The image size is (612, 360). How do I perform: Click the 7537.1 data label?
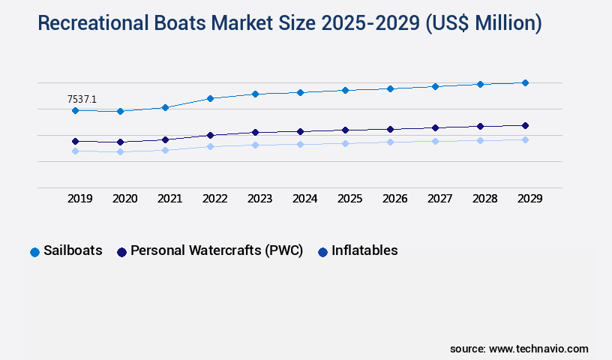coord(82,99)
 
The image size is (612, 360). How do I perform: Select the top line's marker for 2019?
coord(75,110)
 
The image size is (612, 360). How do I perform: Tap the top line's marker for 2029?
coord(525,82)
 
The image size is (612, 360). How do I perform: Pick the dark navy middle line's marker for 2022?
coord(210,135)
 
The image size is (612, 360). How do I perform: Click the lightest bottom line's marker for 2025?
coord(345,143)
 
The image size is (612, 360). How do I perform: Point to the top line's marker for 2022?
coord(210,98)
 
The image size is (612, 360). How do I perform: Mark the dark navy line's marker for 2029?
coord(525,125)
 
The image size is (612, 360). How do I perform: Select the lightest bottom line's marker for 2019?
coord(75,151)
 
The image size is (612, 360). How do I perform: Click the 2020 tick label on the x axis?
coord(124,199)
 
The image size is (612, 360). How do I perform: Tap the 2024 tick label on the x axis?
coord(304,199)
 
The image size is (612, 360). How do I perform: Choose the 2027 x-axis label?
coord(439,199)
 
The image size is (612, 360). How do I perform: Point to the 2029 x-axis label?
coord(529,199)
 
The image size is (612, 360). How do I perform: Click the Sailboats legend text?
coord(73,251)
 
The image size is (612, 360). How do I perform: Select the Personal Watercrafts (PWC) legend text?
coord(217,251)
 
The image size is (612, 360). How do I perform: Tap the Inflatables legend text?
coord(364,251)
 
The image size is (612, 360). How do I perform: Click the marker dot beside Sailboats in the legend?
coord(34,252)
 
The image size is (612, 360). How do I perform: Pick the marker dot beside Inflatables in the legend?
coord(322,252)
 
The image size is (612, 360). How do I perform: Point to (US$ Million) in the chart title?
coord(483,24)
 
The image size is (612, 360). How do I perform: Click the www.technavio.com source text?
coord(538,349)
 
